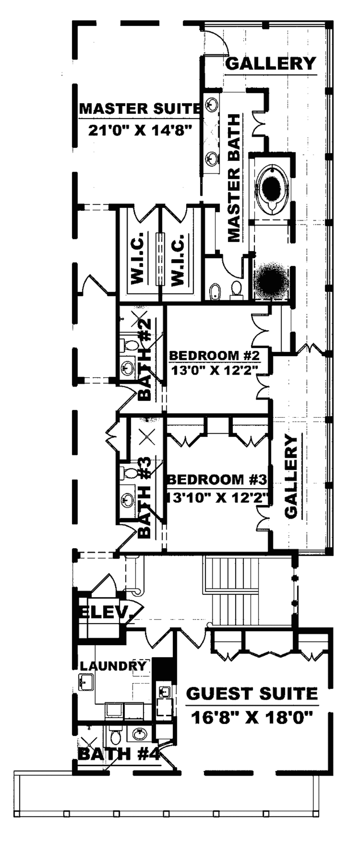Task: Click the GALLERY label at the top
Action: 271,64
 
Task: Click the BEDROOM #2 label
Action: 214,355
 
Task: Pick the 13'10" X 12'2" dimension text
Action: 218,498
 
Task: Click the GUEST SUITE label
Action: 252,694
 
